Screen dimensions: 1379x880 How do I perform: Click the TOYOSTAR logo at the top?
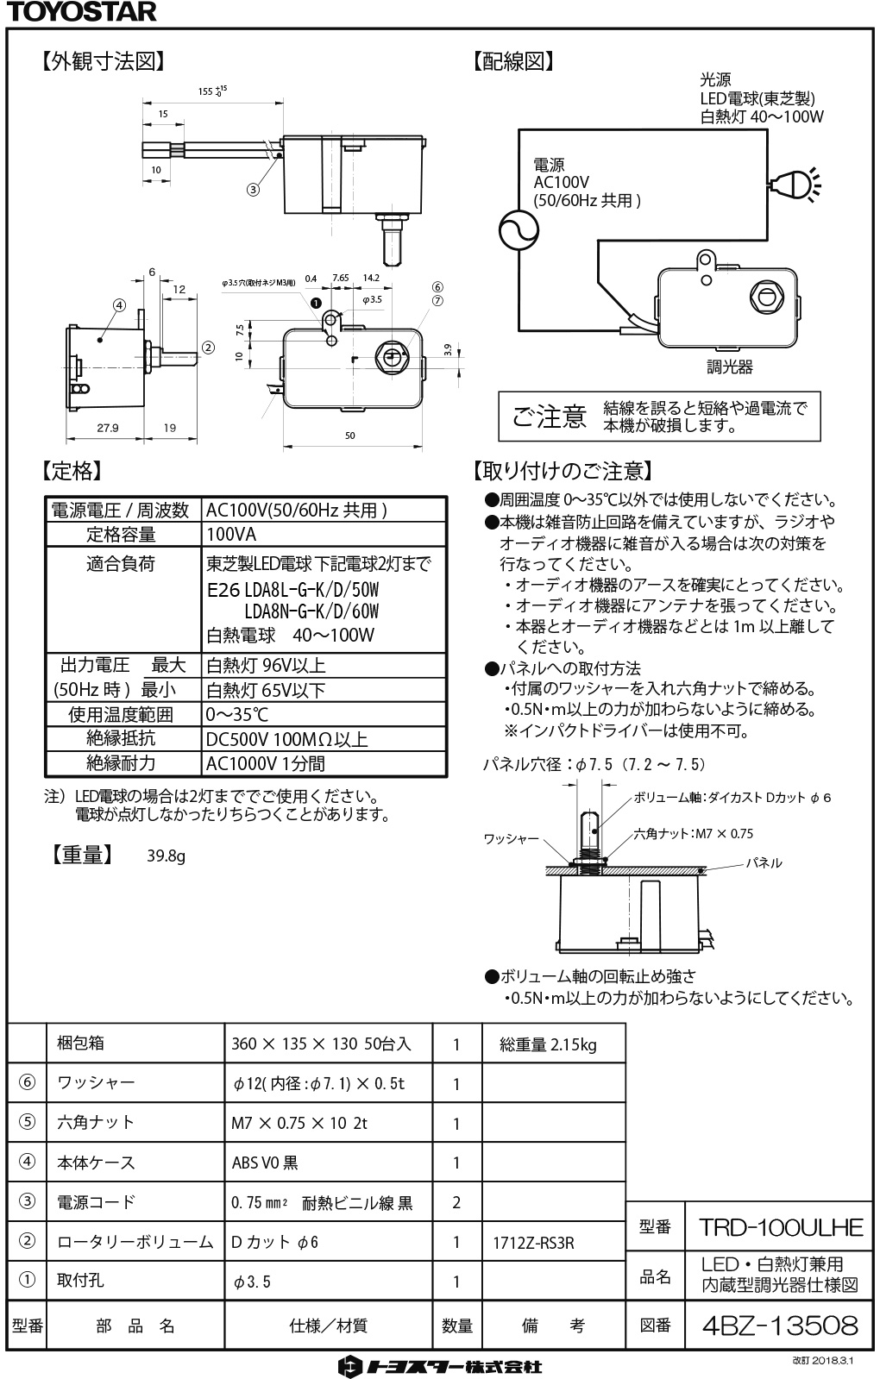[x=79, y=11]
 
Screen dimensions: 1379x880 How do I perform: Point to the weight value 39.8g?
[x=166, y=856]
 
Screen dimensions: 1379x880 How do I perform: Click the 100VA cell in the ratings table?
[x=231, y=534]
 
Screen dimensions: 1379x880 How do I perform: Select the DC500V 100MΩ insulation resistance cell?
[x=286, y=739]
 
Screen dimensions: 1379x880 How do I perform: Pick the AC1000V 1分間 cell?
[x=266, y=763]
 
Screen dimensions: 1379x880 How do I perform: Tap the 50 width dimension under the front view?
[x=350, y=436]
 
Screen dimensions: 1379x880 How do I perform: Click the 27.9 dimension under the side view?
[x=108, y=428]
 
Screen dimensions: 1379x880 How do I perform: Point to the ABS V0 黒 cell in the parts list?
[x=265, y=1163]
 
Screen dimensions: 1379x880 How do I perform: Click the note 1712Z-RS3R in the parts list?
[x=533, y=1243]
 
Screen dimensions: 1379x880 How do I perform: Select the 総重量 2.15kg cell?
[x=548, y=1044]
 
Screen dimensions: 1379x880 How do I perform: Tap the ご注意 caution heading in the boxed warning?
[x=549, y=417]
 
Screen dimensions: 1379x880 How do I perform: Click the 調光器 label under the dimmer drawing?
[x=730, y=367]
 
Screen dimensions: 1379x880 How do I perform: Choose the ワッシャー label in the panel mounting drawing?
[x=511, y=838]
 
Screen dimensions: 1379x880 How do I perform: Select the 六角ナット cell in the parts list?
[x=96, y=1122]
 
